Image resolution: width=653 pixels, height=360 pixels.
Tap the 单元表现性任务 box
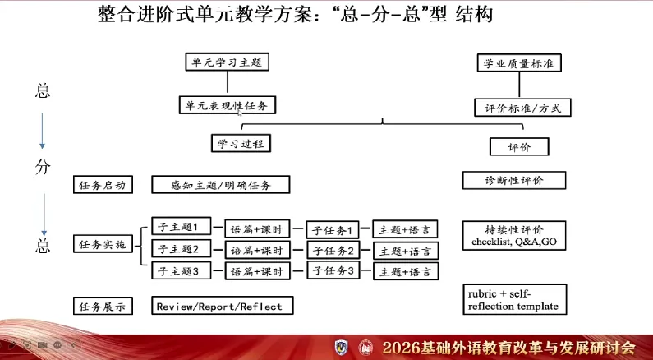[227, 105]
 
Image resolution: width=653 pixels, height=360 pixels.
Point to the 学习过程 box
[240, 143]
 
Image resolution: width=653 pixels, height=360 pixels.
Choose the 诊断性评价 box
[514, 180]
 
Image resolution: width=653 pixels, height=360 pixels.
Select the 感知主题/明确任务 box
[221, 185]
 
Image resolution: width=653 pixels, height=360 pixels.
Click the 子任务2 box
[333, 250]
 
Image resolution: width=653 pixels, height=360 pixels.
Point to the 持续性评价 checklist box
[514, 236]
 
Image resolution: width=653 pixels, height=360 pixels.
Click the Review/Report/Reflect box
[223, 306]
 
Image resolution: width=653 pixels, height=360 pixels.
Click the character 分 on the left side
[43, 167]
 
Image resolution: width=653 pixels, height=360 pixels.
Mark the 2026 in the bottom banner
[404, 347]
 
